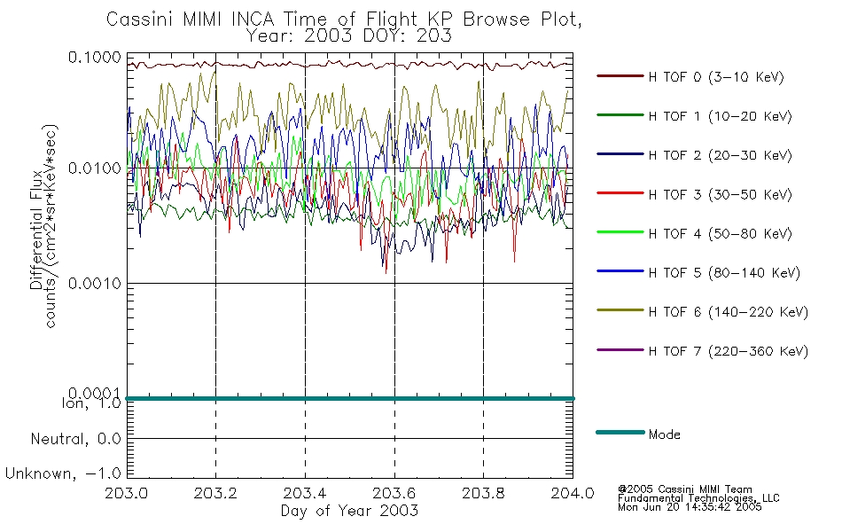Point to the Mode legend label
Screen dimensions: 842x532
tap(664, 434)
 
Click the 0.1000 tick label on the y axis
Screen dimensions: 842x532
tap(95, 57)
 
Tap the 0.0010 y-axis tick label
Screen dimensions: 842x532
tap(95, 283)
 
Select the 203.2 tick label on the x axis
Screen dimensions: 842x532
tap(215, 493)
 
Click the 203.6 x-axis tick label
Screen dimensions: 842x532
tap(394, 493)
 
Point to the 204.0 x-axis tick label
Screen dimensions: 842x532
tap(573, 493)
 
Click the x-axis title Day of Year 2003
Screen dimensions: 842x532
tap(349, 511)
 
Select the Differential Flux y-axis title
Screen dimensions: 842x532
tap(36, 230)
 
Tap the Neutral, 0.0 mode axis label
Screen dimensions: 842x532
tap(75, 439)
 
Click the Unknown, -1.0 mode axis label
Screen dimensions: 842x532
tap(63, 473)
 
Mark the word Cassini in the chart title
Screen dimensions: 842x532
tap(140, 20)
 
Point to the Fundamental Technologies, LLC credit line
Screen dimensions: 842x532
tap(698, 498)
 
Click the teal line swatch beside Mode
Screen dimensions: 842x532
tap(620, 432)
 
